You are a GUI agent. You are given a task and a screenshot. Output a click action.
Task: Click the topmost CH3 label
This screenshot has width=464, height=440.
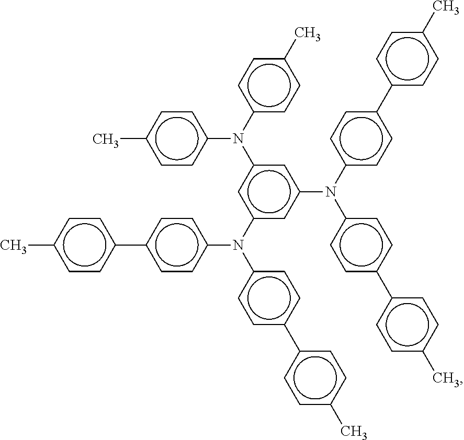coord(446,6)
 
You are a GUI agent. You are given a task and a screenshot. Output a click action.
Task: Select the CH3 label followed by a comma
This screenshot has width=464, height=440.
coord(446,378)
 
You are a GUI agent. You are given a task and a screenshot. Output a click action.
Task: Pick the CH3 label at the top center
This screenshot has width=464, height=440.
coord(308,33)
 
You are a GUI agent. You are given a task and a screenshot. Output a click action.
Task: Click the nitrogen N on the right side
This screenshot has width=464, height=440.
coord(331,192)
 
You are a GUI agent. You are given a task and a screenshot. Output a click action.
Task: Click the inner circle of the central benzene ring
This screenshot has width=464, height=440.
coord(248,192)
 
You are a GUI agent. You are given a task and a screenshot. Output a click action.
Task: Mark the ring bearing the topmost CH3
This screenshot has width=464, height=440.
coord(377,59)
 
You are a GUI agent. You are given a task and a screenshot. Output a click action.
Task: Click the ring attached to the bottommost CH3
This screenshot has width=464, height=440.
coord(285,378)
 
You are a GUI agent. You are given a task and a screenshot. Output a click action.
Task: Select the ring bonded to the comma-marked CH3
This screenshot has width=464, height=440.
coord(377,325)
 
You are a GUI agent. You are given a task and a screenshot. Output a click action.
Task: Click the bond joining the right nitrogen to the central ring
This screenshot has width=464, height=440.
coord(312,192)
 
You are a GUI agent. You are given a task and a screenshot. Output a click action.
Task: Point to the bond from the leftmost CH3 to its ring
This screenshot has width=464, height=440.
coord(41,245)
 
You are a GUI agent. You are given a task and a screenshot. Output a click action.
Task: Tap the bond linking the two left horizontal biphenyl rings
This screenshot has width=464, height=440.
coord(130,245)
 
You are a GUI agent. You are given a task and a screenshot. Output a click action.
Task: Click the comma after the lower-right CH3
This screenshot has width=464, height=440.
coord(460,384)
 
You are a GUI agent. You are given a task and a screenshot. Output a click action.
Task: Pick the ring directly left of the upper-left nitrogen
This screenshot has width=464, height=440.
coord(146,138)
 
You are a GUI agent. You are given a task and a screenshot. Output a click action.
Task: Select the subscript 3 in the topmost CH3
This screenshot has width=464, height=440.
coord(456,8)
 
